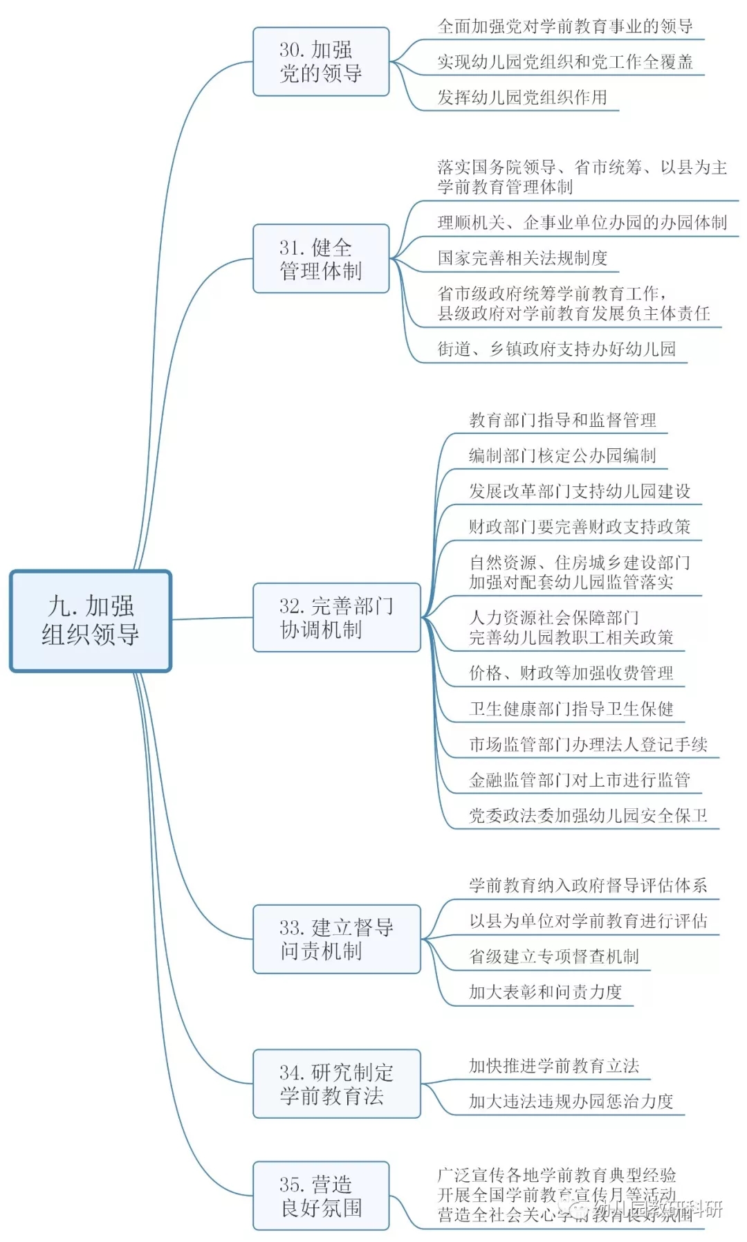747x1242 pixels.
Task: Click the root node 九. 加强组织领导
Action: point(90,620)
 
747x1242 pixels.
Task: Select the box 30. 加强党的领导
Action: point(321,62)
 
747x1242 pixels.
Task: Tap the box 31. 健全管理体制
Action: point(321,259)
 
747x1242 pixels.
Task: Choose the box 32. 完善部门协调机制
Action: point(336,617)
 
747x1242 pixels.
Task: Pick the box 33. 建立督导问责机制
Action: point(336,939)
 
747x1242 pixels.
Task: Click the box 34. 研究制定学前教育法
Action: point(336,1084)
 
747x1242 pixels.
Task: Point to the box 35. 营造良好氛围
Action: point(321,1196)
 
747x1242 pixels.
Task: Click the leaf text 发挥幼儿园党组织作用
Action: point(522,98)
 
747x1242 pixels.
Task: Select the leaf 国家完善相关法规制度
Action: point(522,258)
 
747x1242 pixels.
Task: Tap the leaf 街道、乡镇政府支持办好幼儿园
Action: point(556,349)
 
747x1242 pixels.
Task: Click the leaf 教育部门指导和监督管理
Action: point(562,420)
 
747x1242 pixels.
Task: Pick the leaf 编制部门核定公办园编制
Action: point(562,455)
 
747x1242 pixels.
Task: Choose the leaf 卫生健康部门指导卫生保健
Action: point(571,709)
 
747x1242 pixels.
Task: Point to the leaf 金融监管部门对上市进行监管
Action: point(580,780)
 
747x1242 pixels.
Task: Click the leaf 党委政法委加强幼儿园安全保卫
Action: point(588,816)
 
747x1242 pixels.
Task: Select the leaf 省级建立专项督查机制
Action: point(554,956)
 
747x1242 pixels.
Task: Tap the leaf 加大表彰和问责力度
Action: point(546,992)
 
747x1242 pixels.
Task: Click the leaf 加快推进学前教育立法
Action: point(554,1066)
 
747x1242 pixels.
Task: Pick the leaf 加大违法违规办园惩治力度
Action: point(571,1101)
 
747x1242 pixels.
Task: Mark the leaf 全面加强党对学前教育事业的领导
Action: point(565,26)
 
